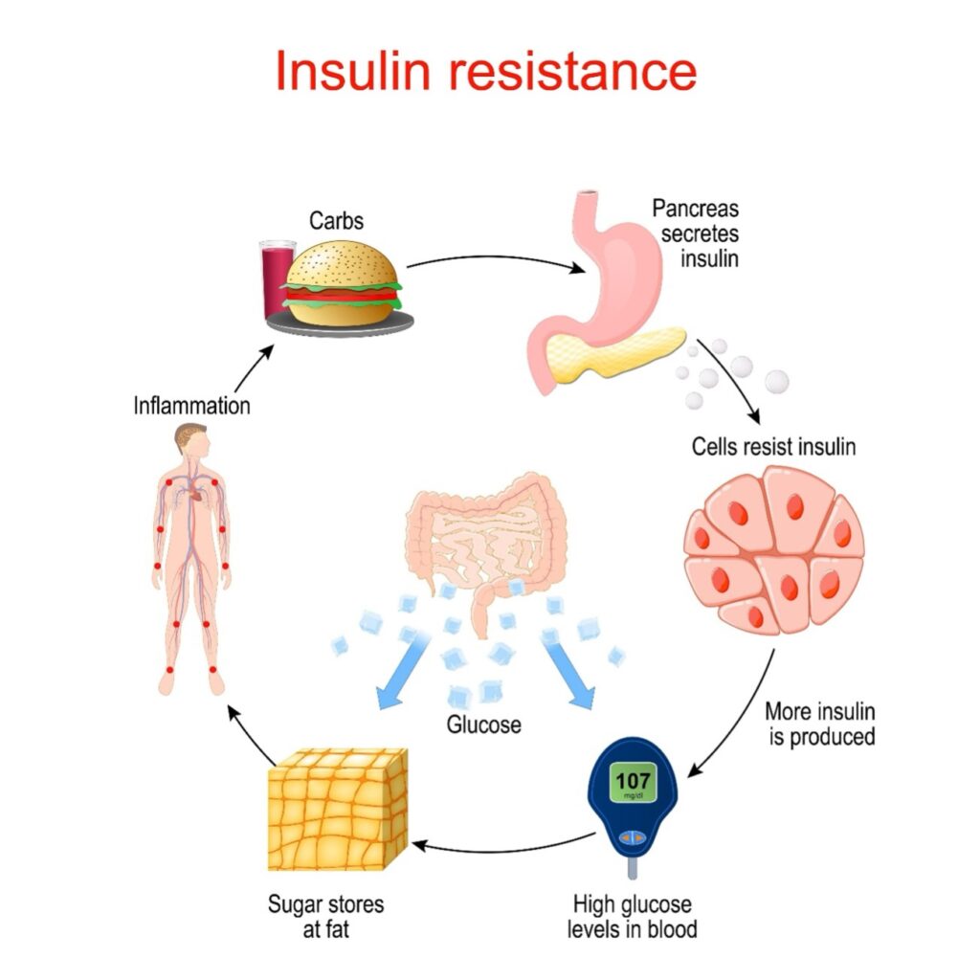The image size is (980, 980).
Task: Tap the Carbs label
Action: [336, 221]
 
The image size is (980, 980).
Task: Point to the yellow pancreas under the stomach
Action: [632, 356]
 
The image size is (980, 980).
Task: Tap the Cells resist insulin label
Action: [773, 446]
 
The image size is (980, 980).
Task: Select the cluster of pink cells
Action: [773, 549]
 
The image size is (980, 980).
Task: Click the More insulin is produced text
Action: [820, 724]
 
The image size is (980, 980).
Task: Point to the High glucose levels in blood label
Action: [633, 915]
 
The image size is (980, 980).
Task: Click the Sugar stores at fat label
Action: [325, 915]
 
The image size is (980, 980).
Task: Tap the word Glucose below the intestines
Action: [484, 724]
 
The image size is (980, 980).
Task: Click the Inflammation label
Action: [191, 406]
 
